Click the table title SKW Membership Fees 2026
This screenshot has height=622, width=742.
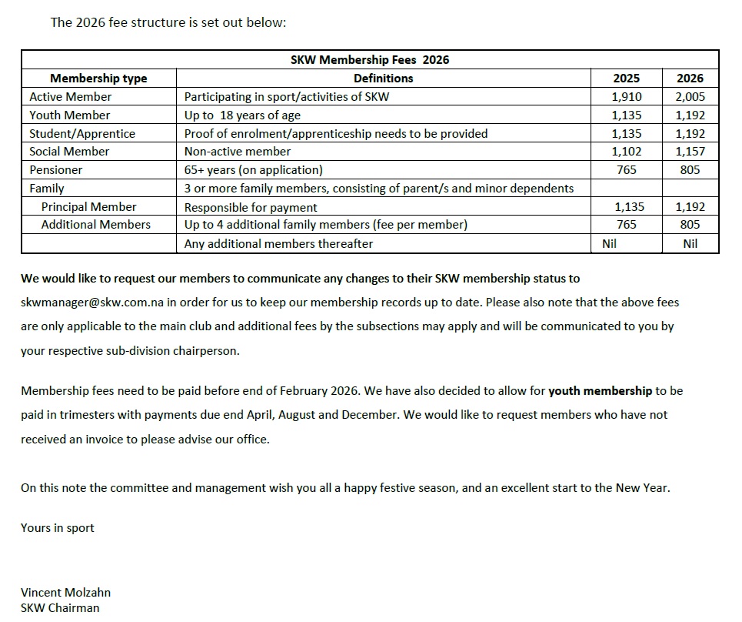click(x=370, y=60)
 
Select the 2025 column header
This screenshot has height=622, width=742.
click(x=626, y=79)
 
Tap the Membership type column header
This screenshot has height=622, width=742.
click(x=98, y=79)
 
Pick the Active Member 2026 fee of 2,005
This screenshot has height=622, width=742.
click(x=690, y=97)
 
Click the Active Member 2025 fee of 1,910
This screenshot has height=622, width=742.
click(x=626, y=97)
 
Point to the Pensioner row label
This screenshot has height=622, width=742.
click(x=55, y=169)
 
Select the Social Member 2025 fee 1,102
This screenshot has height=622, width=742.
click(x=626, y=152)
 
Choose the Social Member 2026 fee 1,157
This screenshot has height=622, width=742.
click(x=690, y=152)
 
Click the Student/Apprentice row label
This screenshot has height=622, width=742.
click(x=82, y=133)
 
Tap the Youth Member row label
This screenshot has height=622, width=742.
click(x=69, y=115)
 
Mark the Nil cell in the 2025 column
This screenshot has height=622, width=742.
click(x=607, y=244)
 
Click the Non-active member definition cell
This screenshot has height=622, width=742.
click(x=238, y=152)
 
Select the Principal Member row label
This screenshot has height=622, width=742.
click(x=88, y=207)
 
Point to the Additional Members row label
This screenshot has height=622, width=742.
click(x=95, y=225)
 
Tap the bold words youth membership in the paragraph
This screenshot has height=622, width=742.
click(x=600, y=391)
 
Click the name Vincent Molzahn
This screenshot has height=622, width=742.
click(x=65, y=593)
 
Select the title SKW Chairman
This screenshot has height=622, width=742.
click(x=60, y=608)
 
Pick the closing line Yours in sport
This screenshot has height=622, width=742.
click(x=58, y=528)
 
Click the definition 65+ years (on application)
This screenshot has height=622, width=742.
click(x=254, y=169)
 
